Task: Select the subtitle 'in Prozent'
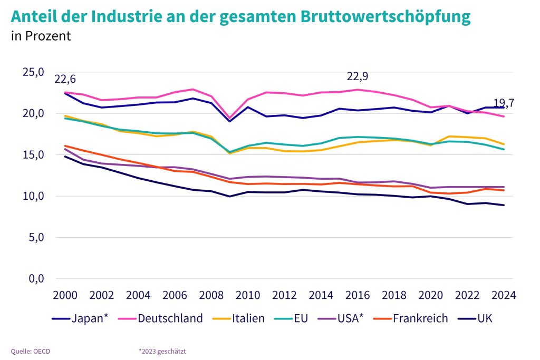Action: pyautogui.click(x=41, y=36)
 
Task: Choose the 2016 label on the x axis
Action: pyautogui.click(x=358, y=294)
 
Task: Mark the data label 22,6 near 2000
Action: pyautogui.click(x=65, y=80)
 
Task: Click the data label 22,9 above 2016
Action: pyautogui.click(x=357, y=76)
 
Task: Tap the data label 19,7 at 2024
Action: pyautogui.click(x=504, y=103)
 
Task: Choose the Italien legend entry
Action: pyautogui.click(x=240, y=318)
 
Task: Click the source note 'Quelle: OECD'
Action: pyautogui.click(x=31, y=351)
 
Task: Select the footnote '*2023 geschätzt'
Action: pyautogui.click(x=162, y=351)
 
